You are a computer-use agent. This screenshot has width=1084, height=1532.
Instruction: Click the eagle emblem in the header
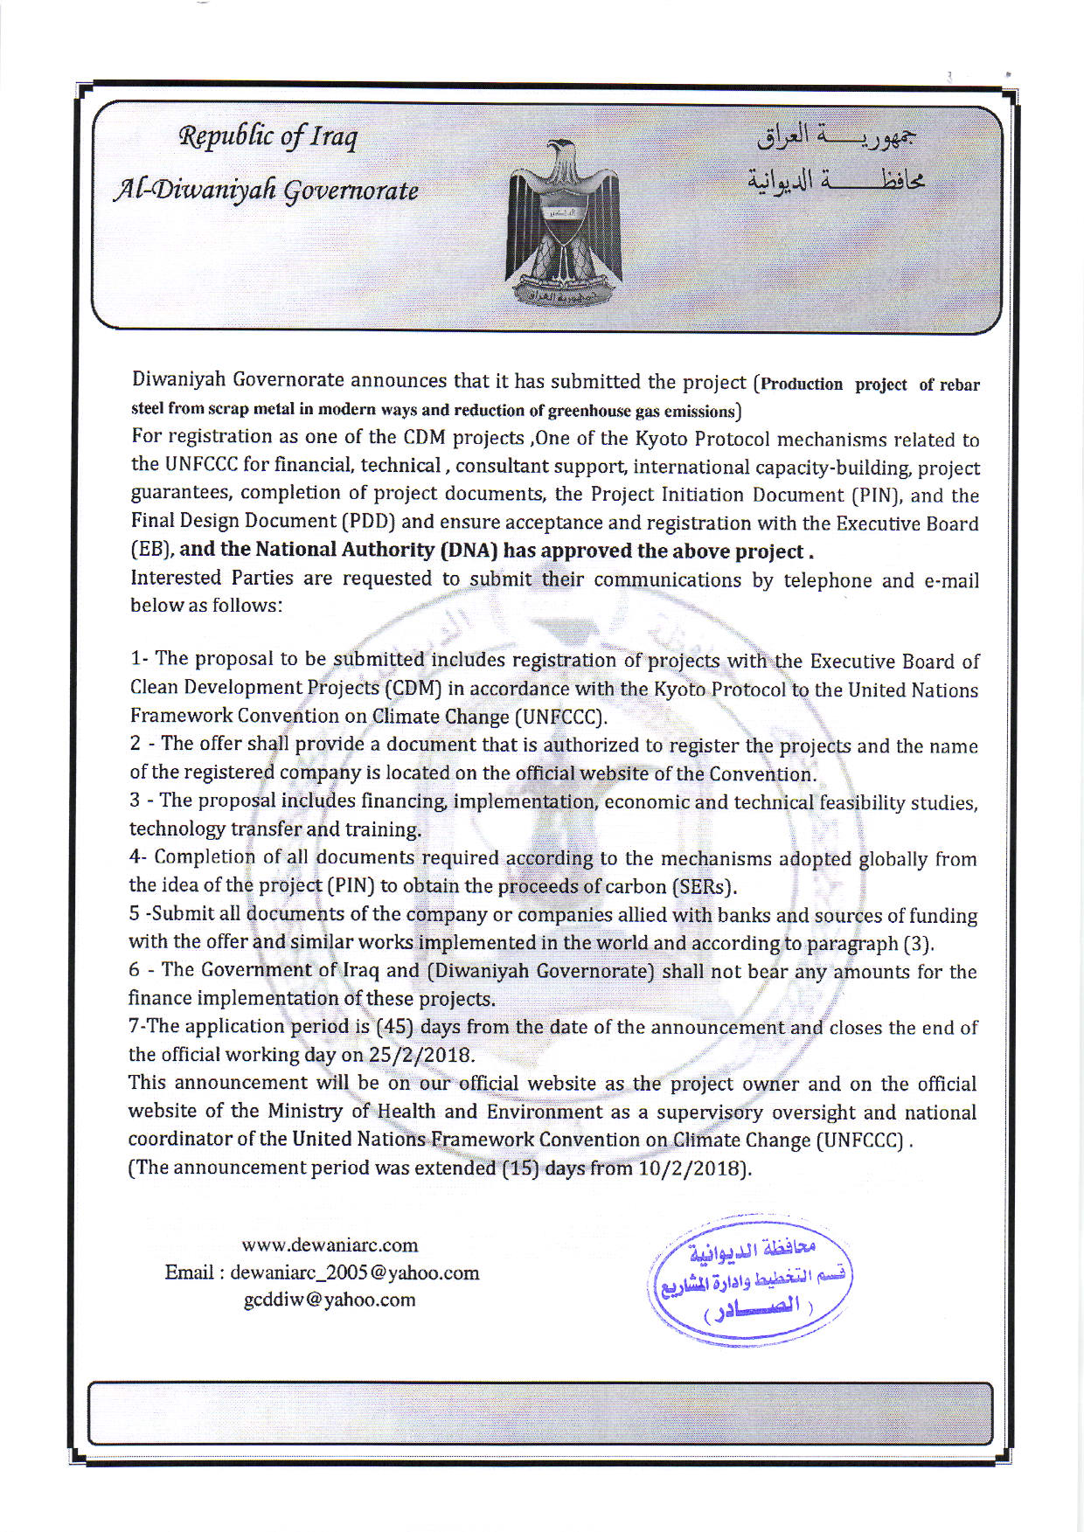[x=562, y=225]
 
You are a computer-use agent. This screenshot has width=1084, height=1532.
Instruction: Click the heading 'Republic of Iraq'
[x=268, y=136]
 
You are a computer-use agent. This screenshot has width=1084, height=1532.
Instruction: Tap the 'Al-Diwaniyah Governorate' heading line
[x=266, y=190]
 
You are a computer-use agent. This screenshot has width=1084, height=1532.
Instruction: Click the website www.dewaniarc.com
[x=330, y=1244]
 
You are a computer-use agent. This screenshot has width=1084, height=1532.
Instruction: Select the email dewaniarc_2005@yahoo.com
[x=354, y=1272]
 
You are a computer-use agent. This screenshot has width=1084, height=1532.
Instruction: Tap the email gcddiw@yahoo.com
[x=330, y=1300]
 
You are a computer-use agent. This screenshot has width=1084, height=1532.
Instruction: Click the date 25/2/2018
[x=420, y=1055]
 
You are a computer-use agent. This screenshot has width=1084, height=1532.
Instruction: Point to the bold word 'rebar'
[x=959, y=385]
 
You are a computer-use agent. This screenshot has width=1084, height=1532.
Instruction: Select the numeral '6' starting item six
[x=134, y=970]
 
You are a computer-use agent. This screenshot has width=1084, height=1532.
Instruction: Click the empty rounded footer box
[x=540, y=1412]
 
